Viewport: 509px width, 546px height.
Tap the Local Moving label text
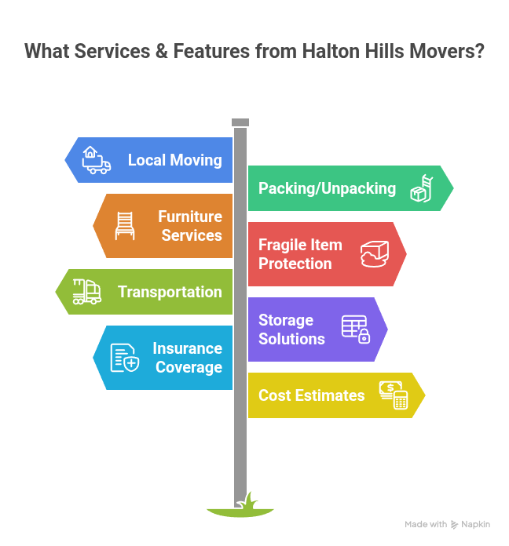(174, 160)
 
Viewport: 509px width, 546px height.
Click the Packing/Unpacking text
(327, 188)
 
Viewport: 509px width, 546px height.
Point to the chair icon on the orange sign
(125, 226)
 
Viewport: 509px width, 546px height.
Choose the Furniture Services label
(190, 226)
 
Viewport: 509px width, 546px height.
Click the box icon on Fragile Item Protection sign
(375, 254)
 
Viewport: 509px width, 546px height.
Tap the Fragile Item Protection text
(300, 254)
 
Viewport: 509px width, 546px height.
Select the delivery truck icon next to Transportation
(87, 292)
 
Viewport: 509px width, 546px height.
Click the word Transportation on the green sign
(170, 292)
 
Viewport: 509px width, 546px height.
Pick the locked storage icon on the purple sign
(356, 329)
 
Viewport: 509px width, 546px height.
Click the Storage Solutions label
(291, 329)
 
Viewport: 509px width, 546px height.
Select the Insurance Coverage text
(187, 358)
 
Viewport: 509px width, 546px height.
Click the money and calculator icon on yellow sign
(394, 395)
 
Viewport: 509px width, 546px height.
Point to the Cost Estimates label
(311, 395)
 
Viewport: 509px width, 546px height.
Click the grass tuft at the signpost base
(240, 508)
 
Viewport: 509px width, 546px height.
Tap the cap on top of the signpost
(240, 122)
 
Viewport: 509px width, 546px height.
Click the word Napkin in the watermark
(476, 524)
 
